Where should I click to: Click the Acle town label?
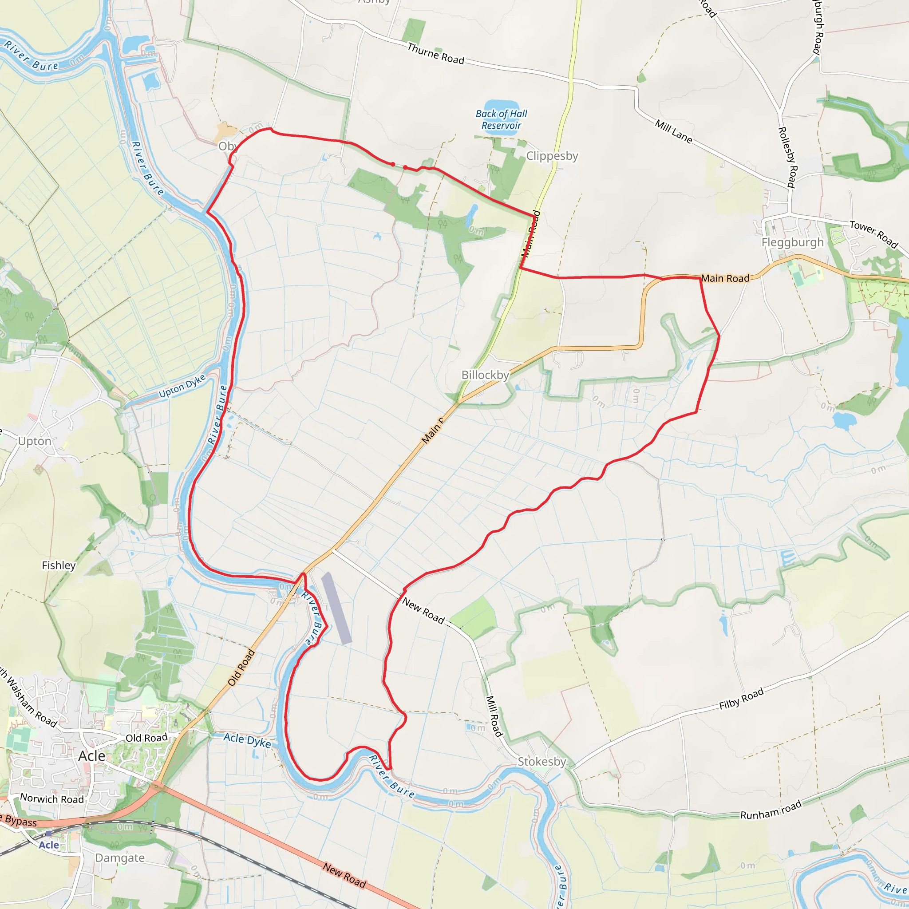92,756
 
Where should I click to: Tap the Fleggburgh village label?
792,242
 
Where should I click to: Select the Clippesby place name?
552,156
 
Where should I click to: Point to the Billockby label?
485,375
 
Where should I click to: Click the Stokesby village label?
541,761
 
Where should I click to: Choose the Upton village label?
34,441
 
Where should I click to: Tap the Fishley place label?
59,565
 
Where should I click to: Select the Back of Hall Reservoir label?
501,119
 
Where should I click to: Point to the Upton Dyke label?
182,386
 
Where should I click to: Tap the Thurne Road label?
436,54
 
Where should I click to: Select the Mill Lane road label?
673,132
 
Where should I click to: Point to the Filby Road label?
741,699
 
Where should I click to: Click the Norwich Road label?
52,799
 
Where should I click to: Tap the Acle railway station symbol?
48,833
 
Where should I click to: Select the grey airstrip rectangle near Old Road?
336,608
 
